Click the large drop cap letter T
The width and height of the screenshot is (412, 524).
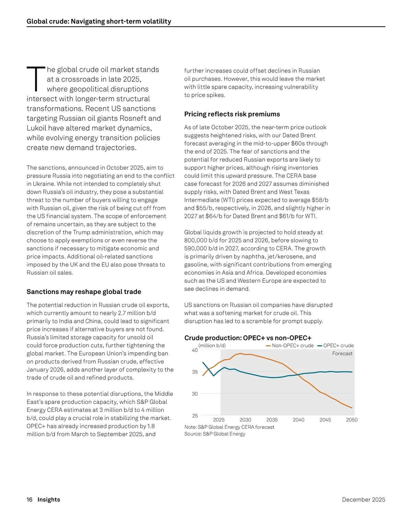(x=36, y=79)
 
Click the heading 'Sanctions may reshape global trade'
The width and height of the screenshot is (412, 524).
(x=84, y=292)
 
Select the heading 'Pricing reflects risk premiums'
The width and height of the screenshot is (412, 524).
(x=232, y=114)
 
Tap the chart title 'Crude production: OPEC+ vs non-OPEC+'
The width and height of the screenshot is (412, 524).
(x=248, y=338)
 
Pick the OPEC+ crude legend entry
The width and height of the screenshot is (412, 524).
(x=335, y=346)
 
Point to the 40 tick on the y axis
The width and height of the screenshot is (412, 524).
(x=195, y=350)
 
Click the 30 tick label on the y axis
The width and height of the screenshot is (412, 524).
(x=195, y=394)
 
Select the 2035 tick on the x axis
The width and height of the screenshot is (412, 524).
(x=272, y=420)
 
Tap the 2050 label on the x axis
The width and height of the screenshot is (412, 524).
(x=352, y=420)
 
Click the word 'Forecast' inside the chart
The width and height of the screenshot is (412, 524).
(x=342, y=354)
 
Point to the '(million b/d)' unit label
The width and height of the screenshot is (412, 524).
(x=212, y=346)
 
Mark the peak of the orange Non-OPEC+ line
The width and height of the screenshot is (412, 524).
(x=240, y=353)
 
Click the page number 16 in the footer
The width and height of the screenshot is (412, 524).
(x=30, y=500)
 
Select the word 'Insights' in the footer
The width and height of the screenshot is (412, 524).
(x=49, y=500)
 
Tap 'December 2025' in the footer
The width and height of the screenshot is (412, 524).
(x=364, y=500)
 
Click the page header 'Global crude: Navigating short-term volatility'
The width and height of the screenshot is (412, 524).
(x=99, y=21)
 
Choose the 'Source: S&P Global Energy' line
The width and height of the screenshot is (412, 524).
(x=215, y=434)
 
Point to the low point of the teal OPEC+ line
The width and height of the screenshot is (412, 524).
(x=214, y=376)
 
